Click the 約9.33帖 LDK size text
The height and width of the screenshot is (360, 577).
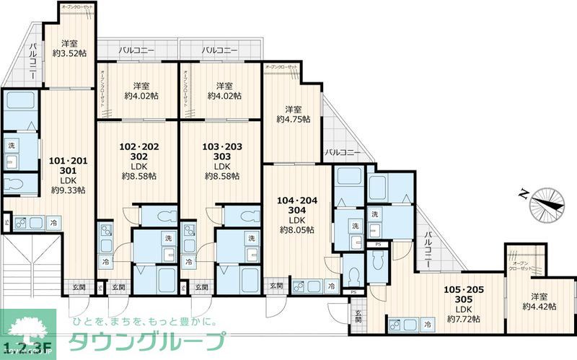tap(68, 190)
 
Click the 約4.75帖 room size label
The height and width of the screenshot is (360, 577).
tap(293, 119)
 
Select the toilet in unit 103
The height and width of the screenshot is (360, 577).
tap(246, 215)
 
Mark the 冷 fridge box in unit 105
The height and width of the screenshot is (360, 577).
tap(428, 324)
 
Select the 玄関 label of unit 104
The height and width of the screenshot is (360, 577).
tap(276, 286)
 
